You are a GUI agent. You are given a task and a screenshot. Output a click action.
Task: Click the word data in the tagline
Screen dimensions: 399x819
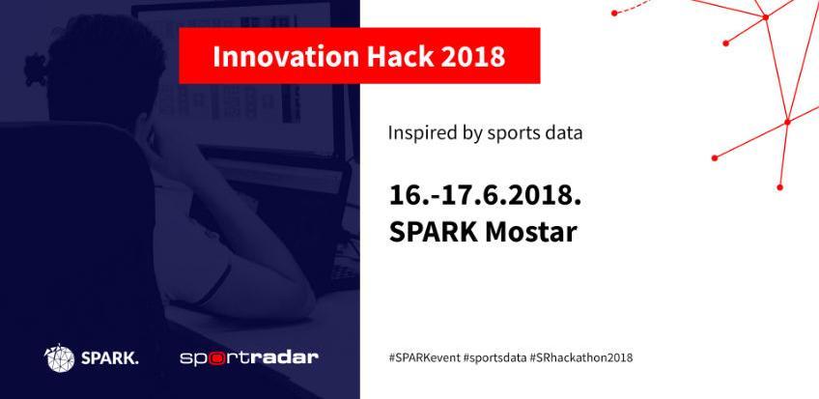(x=564, y=131)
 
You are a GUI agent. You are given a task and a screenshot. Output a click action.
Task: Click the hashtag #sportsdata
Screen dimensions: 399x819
(x=494, y=357)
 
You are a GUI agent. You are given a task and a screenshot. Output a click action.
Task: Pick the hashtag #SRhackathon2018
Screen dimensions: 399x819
(x=581, y=357)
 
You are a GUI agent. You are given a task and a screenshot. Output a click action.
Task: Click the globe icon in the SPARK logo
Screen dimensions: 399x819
(x=60, y=358)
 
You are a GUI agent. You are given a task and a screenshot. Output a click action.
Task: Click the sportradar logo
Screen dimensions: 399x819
(x=249, y=358)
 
